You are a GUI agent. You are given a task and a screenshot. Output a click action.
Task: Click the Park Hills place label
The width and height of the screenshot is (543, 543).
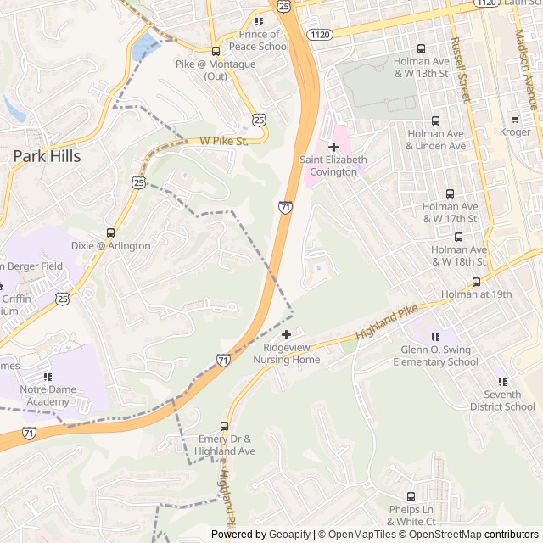pos(47,156)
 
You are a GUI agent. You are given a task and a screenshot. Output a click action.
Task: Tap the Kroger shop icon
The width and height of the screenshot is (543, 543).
pos(515,118)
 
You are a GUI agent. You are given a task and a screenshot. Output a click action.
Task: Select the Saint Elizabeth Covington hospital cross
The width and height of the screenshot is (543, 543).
pos(333,147)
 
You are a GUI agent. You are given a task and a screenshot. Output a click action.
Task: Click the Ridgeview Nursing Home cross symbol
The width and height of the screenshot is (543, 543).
pos(287,334)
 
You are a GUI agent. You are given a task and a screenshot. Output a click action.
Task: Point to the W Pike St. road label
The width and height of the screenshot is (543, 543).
pos(223,141)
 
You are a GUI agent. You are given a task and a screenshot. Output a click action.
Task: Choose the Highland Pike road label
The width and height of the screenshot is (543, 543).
pos(387,324)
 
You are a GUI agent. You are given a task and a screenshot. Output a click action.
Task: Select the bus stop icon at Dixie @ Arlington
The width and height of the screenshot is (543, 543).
pos(110,232)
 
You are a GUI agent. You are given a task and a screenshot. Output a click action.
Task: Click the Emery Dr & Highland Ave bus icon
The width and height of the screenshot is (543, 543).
pos(225,426)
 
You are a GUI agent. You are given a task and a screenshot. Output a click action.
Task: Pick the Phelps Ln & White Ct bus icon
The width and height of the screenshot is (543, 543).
pos(411,496)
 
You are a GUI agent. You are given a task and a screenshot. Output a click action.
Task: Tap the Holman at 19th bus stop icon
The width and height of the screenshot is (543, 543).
pos(476,282)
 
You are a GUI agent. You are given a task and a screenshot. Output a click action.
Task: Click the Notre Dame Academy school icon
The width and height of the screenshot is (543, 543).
pos(48,376)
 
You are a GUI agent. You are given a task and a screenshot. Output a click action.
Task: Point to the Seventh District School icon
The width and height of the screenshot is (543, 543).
pos(502,382)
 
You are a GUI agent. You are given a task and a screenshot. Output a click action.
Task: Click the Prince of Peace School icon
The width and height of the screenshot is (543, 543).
pos(258,22)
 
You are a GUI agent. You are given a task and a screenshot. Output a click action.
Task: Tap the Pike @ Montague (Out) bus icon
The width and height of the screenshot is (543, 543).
pos(216,51)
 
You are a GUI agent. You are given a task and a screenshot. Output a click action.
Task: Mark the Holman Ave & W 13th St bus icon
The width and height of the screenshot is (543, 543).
pos(422,48)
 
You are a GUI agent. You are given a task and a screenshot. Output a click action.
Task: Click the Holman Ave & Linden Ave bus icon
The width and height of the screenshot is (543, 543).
pos(436,121)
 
